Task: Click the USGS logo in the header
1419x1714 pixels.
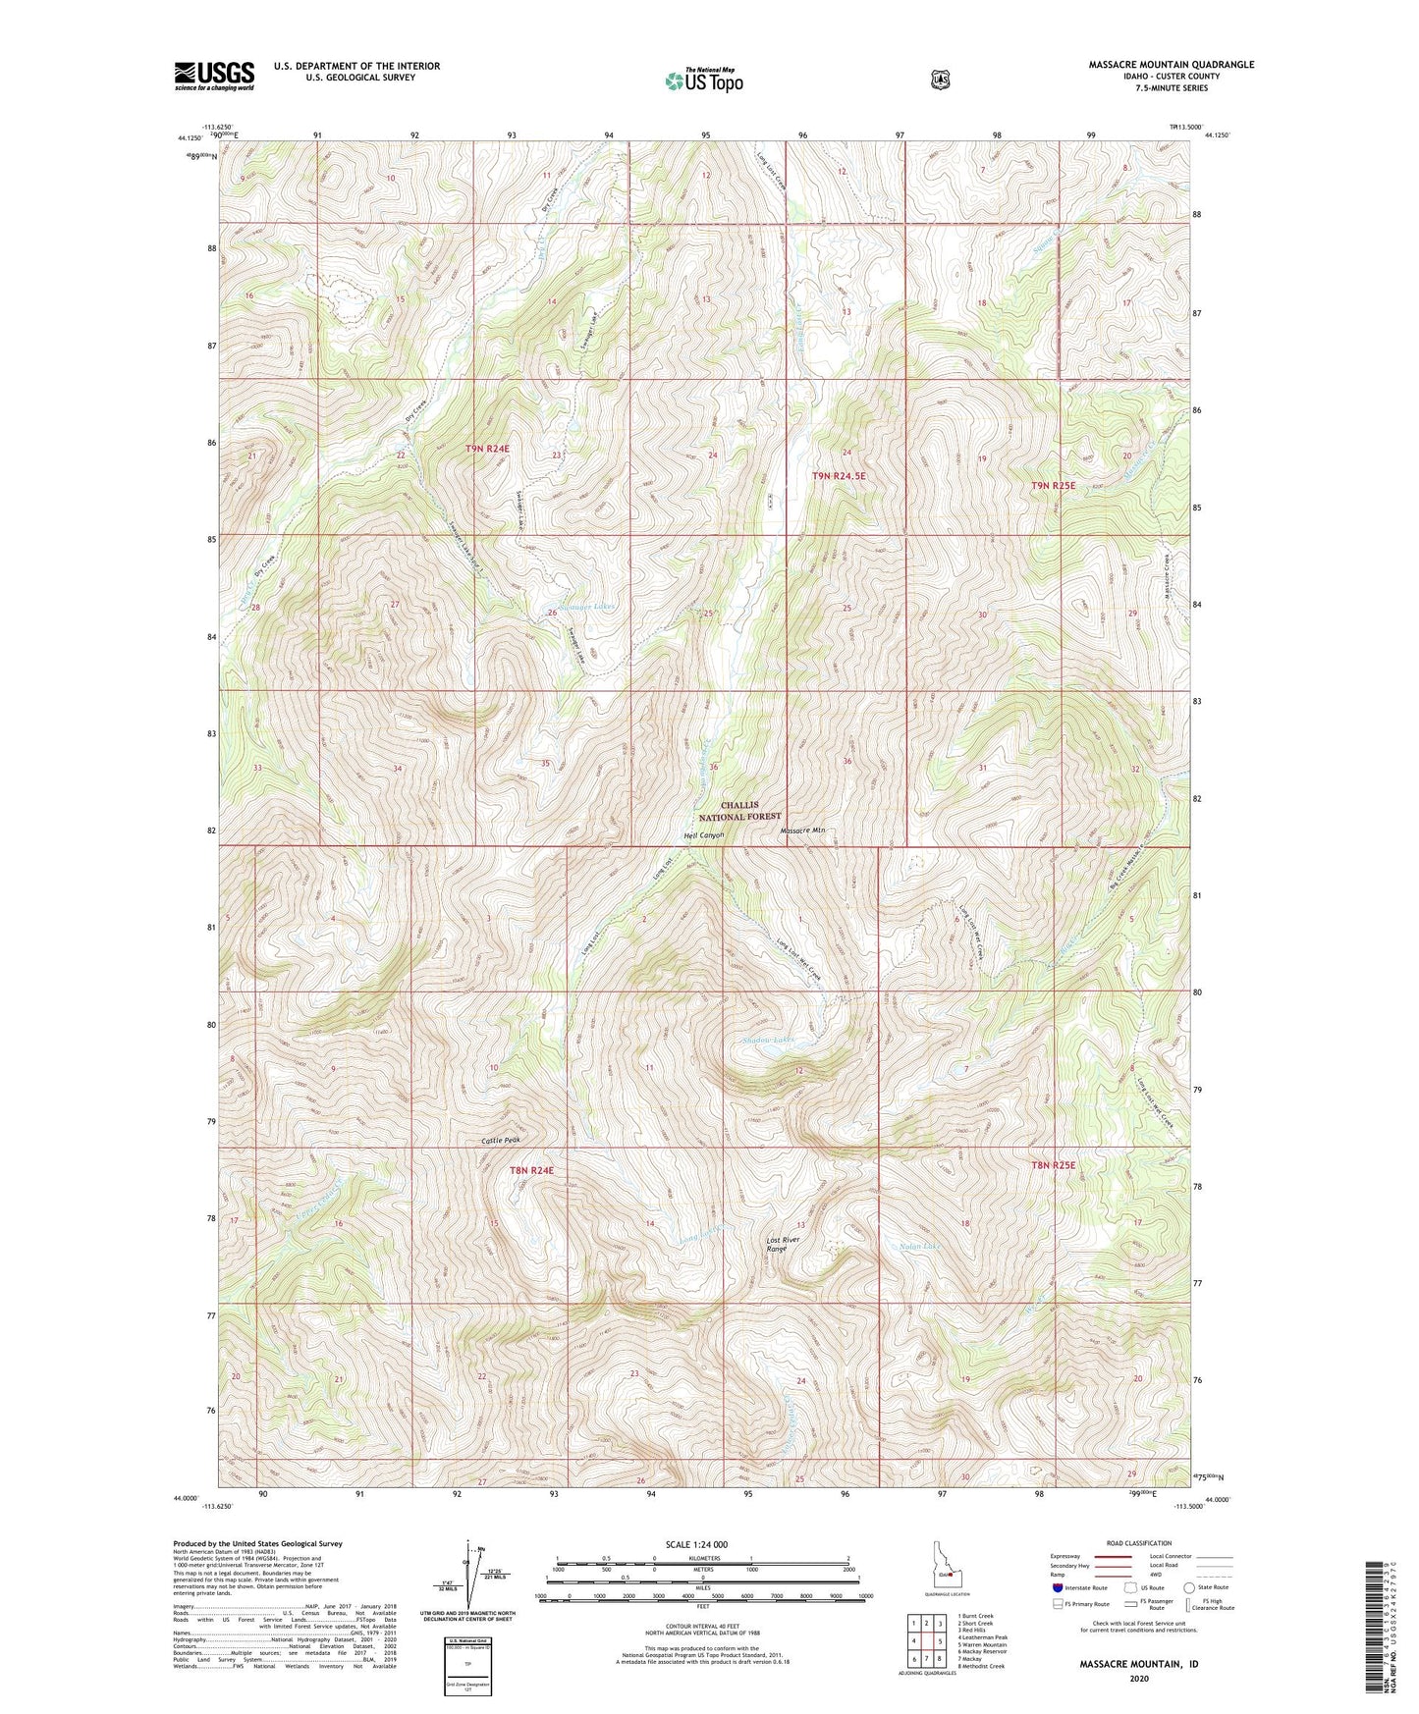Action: pyautogui.click(x=214, y=76)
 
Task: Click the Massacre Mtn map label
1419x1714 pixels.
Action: pyautogui.click(x=802, y=831)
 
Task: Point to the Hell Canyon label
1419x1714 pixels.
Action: pyautogui.click(x=703, y=835)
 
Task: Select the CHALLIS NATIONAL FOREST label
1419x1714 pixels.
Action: pyautogui.click(x=739, y=810)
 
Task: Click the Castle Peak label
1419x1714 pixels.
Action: pyautogui.click(x=500, y=1140)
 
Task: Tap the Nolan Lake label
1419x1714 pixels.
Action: pyautogui.click(x=919, y=1248)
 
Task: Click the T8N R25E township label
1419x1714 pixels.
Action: pyautogui.click(x=1054, y=1165)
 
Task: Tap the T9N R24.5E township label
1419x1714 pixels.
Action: pyautogui.click(x=839, y=476)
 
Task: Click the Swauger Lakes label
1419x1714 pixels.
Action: pyautogui.click(x=586, y=607)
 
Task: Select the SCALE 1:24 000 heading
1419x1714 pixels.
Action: pyautogui.click(x=696, y=1544)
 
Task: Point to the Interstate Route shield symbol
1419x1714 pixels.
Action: pyautogui.click(x=1057, y=1586)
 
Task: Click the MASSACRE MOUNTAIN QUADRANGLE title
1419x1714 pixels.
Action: pyautogui.click(x=1171, y=65)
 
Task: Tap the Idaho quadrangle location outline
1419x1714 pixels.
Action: pyautogui.click(x=944, y=1567)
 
